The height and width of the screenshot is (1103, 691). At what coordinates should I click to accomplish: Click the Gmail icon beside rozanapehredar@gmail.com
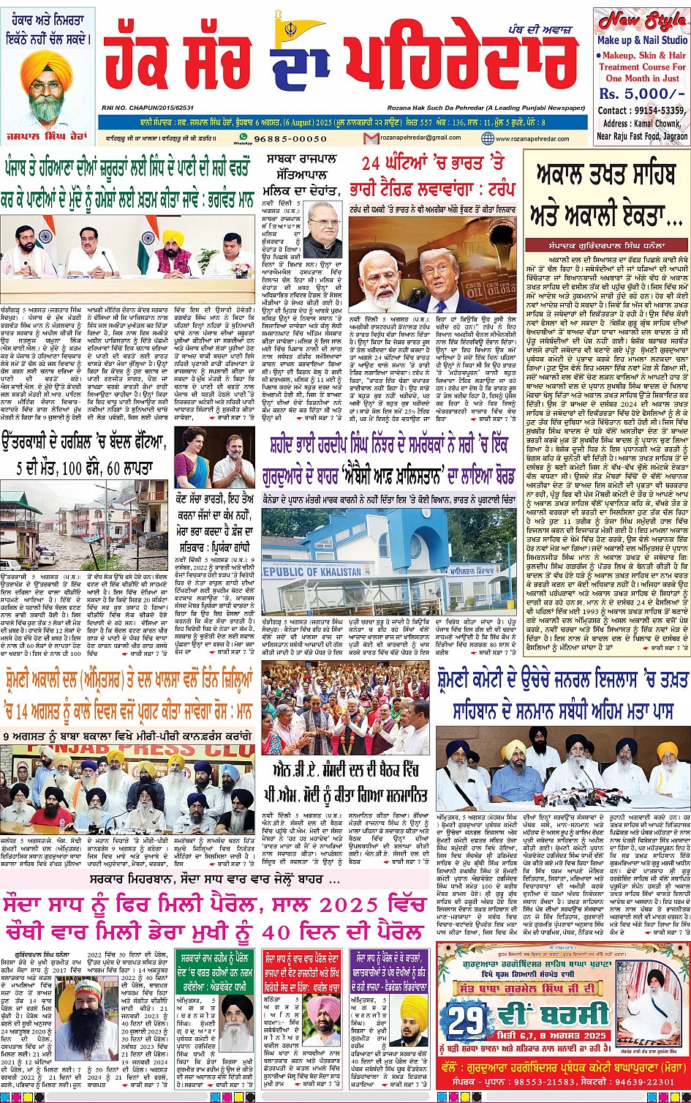click(x=373, y=138)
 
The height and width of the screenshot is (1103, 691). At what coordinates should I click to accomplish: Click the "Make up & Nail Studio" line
click(x=642, y=40)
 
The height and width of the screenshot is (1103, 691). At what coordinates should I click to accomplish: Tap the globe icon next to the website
click(x=488, y=138)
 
